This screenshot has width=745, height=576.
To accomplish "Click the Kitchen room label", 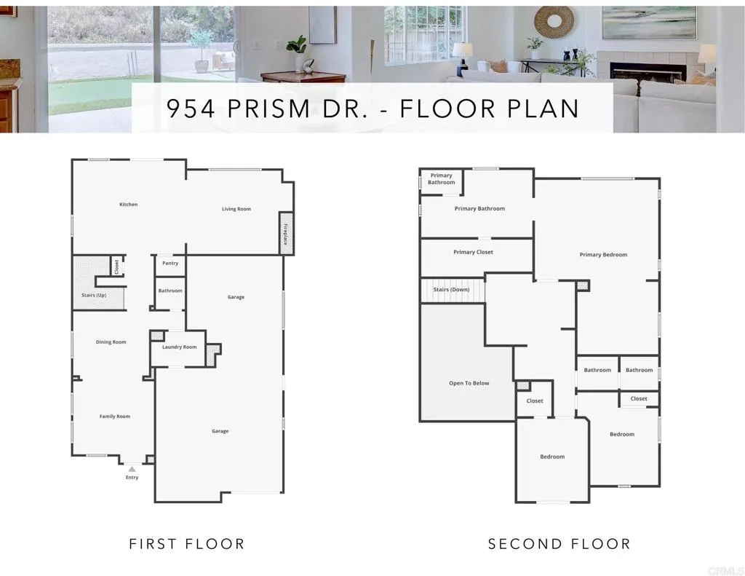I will click(129, 205).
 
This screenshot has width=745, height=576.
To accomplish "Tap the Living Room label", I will click(236, 209).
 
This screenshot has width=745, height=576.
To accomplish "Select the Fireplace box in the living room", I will click(287, 233).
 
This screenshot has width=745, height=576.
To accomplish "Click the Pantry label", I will click(170, 263).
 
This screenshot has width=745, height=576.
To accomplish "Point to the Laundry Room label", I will click(179, 347).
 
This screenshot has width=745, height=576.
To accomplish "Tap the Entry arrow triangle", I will click(132, 470).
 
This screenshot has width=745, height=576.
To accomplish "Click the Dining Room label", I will click(111, 342).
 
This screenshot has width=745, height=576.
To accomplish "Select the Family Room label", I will click(115, 417).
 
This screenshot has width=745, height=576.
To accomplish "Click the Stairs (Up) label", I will click(94, 295).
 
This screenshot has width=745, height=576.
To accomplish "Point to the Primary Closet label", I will click(474, 252).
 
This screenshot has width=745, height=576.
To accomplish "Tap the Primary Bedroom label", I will click(603, 255).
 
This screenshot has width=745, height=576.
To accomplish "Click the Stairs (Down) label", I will click(451, 290).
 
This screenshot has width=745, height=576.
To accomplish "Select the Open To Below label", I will click(469, 383).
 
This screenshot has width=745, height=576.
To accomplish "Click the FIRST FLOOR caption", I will click(187, 544).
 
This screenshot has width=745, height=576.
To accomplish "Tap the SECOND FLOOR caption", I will click(559, 544).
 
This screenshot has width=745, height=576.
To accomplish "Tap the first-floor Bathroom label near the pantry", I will click(170, 291).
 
